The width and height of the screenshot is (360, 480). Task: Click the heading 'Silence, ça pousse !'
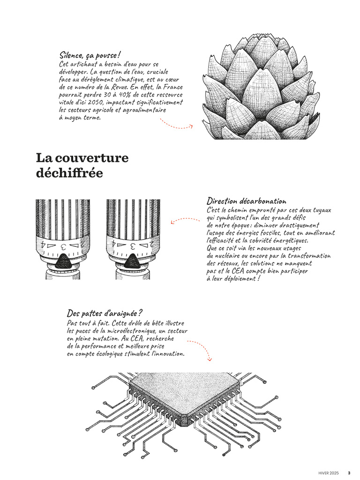point(90,55)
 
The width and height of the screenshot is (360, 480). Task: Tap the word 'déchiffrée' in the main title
point(69,173)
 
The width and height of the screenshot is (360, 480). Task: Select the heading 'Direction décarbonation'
point(247,201)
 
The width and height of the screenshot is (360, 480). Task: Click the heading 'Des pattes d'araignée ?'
point(105,314)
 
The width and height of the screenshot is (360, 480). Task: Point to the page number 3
point(349,473)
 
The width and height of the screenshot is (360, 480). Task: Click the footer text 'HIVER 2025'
point(329,473)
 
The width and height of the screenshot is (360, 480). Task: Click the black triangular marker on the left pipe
point(64,262)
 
